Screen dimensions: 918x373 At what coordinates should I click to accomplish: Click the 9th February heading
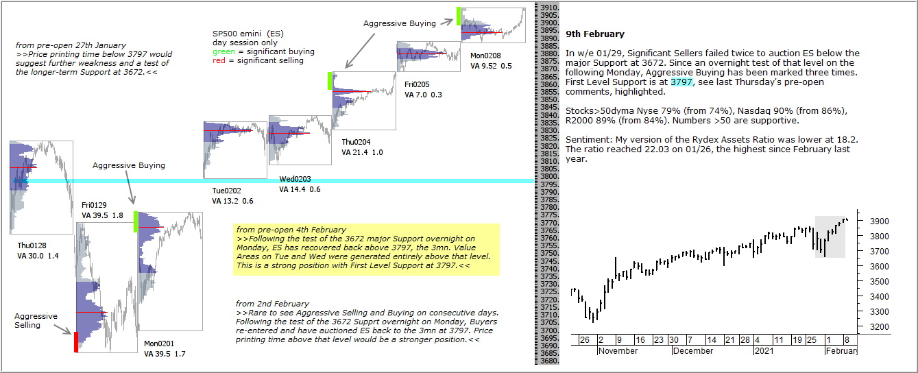pos(594,34)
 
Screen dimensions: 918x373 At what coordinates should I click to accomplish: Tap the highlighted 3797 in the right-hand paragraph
pos(681,82)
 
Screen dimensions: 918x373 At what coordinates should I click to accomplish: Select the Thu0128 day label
pos(32,245)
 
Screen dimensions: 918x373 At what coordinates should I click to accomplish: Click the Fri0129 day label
pos(94,205)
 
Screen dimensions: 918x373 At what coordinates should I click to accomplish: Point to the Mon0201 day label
pos(159,344)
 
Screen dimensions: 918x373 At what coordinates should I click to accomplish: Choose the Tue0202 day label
pos(227,191)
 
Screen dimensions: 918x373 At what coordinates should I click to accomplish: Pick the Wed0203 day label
pos(295,179)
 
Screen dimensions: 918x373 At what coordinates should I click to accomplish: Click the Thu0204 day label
pos(356,142)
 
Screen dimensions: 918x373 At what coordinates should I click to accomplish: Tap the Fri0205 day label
pos(417,84)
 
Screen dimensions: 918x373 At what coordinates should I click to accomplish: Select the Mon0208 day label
pos(485,56)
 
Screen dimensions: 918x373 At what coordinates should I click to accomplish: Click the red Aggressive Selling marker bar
pos(76,342)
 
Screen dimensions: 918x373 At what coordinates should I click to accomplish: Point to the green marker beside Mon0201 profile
pos(136,221)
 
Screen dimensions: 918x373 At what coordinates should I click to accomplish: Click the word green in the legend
pos(224,51)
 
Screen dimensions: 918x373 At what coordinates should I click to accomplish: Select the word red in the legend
pos(219,60)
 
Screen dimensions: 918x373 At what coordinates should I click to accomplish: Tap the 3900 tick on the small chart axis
pos(880,221)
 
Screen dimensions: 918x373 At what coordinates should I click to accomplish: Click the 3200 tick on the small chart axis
pos(880,327)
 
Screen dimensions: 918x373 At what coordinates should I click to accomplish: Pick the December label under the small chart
pos(693,351)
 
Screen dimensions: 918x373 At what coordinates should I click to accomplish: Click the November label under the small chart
pos(618,351)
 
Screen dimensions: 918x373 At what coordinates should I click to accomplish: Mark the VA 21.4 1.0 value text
pos(362,152)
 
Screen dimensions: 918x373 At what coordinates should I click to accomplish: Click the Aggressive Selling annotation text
pos(36,320)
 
